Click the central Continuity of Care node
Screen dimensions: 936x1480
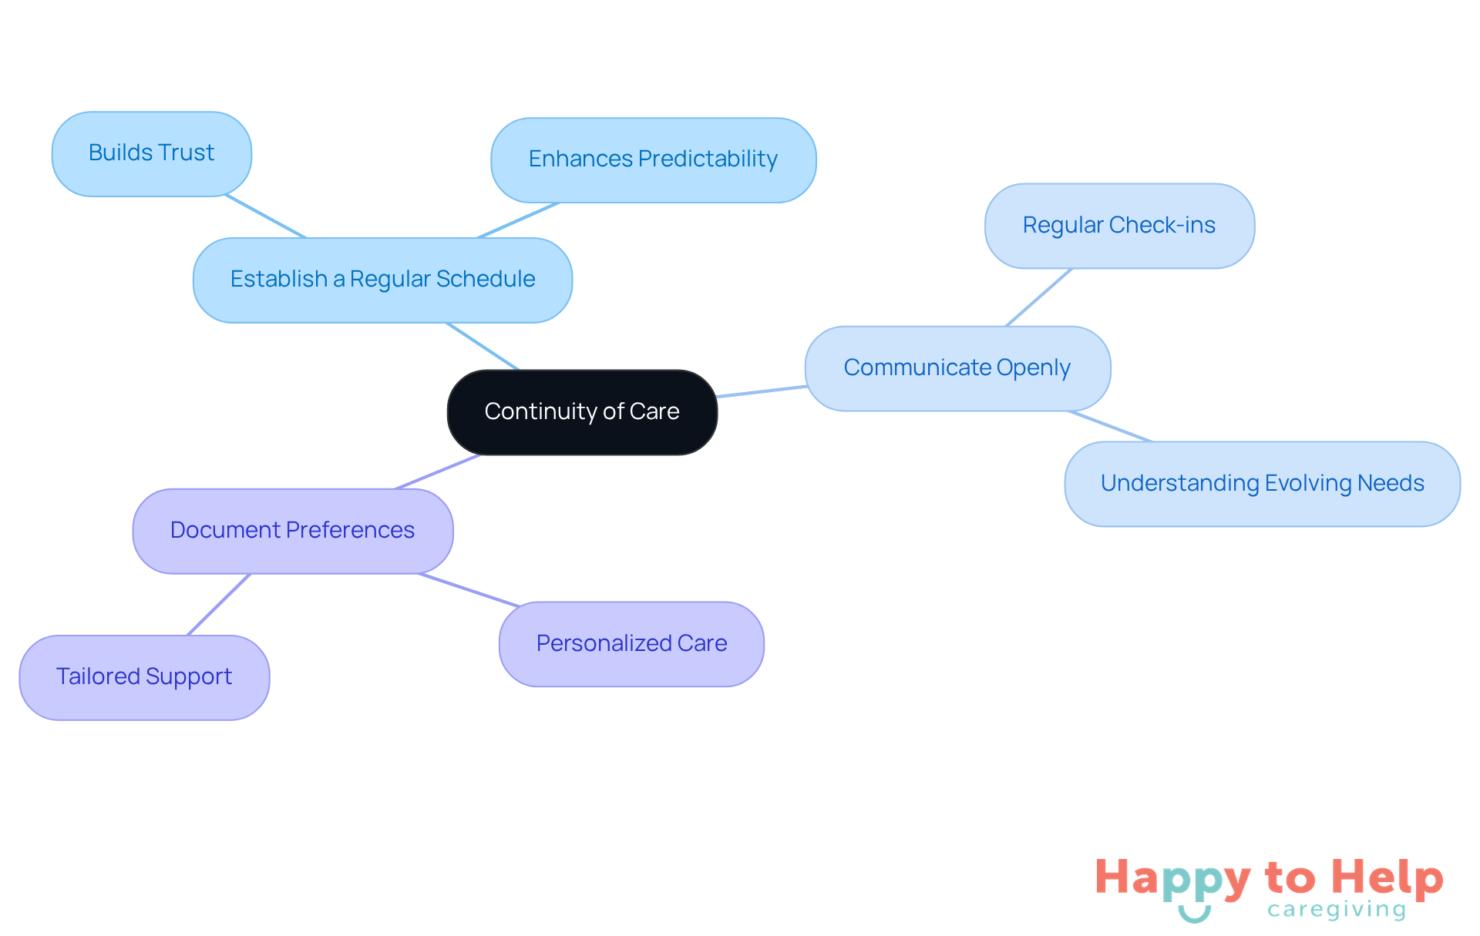582,412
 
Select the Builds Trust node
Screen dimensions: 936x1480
152,153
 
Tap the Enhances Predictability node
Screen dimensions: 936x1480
653,159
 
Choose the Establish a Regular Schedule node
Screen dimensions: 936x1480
382,280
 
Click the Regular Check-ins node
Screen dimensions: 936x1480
1119,226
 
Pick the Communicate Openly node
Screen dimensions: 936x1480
957,368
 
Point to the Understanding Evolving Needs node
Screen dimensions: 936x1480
1262,484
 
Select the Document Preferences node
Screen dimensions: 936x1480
293,531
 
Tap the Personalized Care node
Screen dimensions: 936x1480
631,644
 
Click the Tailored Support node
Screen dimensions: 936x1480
144,677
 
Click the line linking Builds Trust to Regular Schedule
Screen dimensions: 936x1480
265,216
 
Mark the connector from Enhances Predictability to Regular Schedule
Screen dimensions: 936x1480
518,220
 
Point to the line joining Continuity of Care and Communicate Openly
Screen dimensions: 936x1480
762,391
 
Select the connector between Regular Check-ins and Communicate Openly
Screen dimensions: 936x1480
1039,297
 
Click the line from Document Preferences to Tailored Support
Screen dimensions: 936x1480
219,605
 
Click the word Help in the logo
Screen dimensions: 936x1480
1387,877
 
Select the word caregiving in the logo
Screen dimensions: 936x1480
1337,910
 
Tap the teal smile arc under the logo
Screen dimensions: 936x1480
1194,916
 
